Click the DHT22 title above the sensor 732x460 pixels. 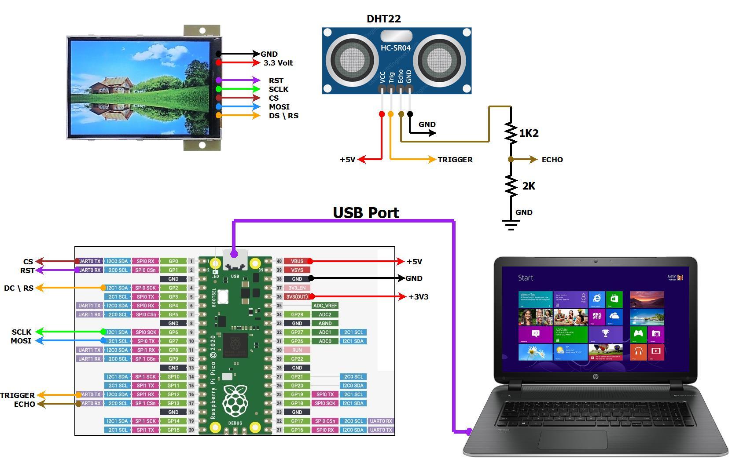pyautogui.click(x=383, y=19)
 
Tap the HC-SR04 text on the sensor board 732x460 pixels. pyautogui.click(x=395, y=47)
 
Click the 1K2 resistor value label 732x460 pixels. pyautogui.click(x=529, y=133)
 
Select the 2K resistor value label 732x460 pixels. pyautogui.click(x=528, y=186)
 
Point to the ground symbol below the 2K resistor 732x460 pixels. pyautogui.click(x=511, y=226)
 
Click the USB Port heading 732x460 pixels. pyautogui.click(x=366, y=213)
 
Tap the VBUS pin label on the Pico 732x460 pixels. pyautogui.click(x=297, y=261)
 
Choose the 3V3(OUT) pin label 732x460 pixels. pyautogui.click(x=297, y=297)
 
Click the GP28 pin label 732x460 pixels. pyautogui.click(x=297, y=314)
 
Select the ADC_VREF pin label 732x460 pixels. pyautogui.click(x=325, y=306)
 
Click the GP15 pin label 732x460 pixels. pyautogui.click(x=173, y=430)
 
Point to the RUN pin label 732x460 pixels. pyautogui.click(x=297, y=350)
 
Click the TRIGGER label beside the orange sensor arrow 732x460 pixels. pyautogui.click(x=455, y=160)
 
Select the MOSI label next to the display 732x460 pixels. pyautogui.click(x=279, y=107)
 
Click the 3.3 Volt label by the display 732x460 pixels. pyautogui.click(x=278, y=63)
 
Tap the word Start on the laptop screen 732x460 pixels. pyautogui.click(x=526, y=278)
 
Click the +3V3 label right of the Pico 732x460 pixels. pyautogui.click(x=418, y=297)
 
